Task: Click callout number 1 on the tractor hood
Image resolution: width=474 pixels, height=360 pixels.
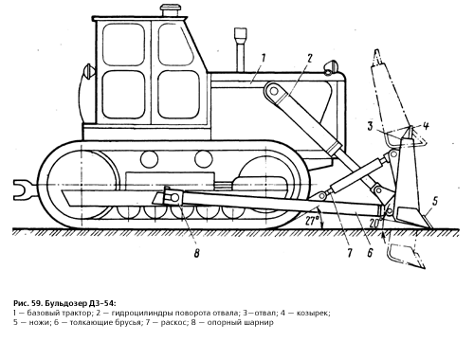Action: pos(264,59)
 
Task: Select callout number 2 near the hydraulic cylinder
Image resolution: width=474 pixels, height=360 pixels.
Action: pos(309,58)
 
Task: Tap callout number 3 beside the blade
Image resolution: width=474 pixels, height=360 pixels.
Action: pos(371,126)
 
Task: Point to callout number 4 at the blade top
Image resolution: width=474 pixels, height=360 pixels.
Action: pos(426,126)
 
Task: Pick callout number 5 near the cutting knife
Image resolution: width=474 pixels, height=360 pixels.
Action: pos(435,201)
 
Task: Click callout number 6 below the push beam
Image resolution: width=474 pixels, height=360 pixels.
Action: pos(370,253)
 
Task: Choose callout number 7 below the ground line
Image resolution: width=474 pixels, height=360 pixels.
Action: pos(349,253)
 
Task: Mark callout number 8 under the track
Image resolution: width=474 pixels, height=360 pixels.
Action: pos(196,253)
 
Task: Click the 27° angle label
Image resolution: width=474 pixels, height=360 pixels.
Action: pos(313,221)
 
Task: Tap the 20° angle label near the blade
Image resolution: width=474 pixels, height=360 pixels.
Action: pos(375,223)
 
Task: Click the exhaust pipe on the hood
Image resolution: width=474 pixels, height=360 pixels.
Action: pos(240,49)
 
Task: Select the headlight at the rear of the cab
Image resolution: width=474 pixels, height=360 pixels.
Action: pos(88,72)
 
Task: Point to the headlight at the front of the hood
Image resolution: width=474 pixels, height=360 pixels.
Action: pos(330,67)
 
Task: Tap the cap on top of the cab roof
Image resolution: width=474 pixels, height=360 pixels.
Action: pos(169,11)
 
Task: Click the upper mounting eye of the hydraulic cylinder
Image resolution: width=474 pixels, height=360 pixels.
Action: pos(274,91)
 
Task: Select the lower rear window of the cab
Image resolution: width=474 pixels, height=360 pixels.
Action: pos(124,94)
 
